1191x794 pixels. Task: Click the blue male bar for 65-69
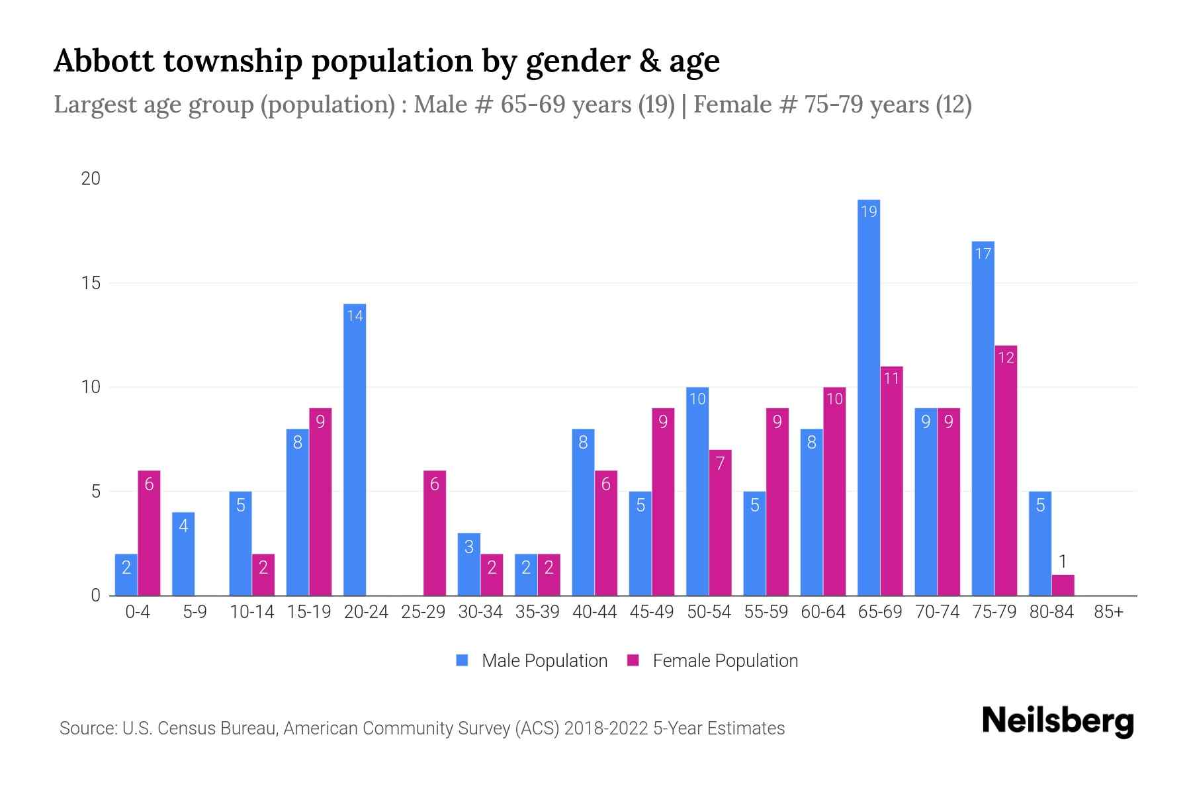(869, 397)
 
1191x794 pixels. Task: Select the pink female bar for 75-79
(1006, 470)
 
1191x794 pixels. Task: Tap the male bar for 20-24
(355, 450)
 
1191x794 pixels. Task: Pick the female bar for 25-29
(435, 533)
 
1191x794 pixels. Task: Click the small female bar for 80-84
(1063, 586)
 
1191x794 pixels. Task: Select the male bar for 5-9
(183, 554)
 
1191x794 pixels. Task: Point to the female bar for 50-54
(720, 523)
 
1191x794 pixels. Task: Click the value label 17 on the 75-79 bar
(983, 253)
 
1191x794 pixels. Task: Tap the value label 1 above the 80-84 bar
(1063, 562)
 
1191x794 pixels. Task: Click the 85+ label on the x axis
(1108, 612)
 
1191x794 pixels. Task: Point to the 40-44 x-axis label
(594, 612)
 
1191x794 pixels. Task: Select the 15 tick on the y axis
(91, 283)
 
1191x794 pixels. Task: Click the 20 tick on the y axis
(91, 179)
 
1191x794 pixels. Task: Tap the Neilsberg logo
(1057, 721)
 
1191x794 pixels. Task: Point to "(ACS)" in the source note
(535, 728)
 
